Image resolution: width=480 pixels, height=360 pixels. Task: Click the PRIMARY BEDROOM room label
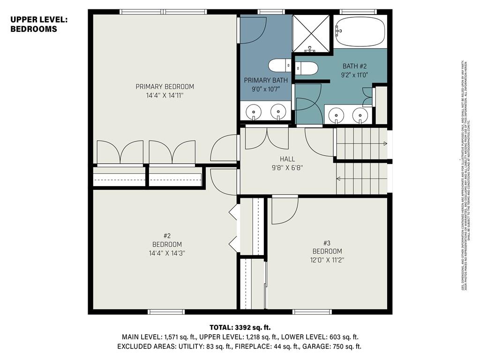(165, 87)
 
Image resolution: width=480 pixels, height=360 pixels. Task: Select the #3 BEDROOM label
(327, 247)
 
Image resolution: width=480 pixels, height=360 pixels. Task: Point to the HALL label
(287, 159)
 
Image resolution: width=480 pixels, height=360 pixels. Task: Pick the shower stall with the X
(311, 33)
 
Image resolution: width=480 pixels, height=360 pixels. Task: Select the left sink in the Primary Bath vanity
(254, 112)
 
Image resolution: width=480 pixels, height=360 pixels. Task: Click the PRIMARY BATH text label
(266, 81)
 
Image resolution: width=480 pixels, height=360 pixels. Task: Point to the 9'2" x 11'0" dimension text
(354, 74)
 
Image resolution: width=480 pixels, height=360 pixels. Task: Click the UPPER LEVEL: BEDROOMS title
(39, 24)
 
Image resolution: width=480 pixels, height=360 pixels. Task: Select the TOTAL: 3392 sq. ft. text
(240, 327)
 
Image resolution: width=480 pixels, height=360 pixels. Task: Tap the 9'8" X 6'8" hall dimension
(287, 167)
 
